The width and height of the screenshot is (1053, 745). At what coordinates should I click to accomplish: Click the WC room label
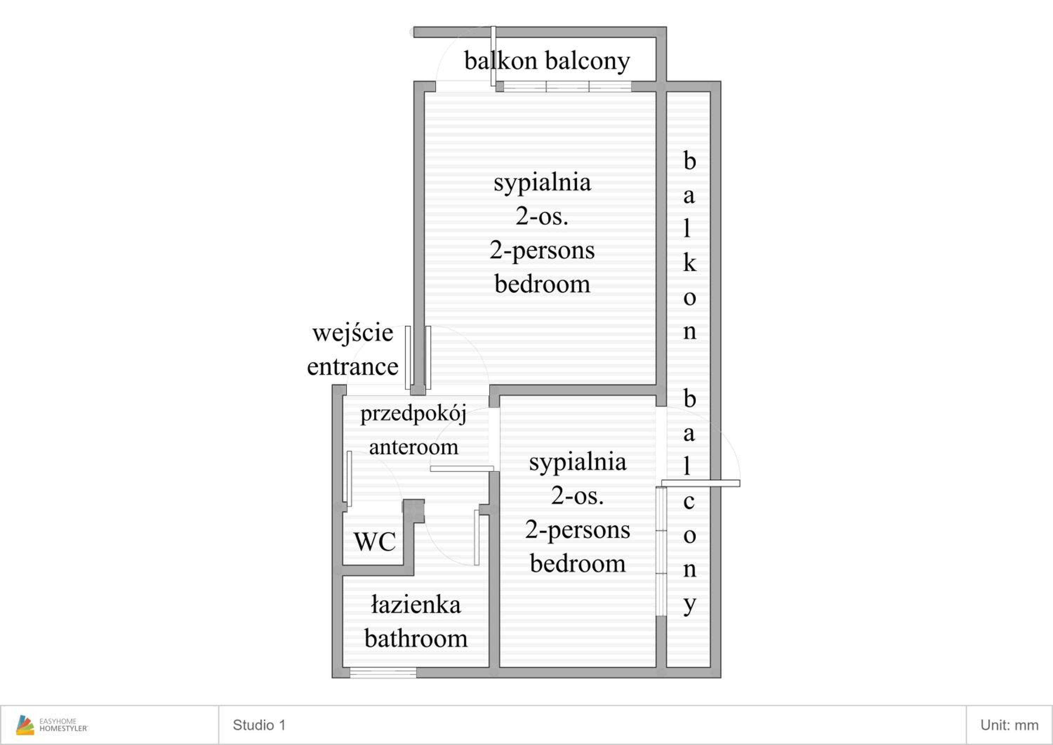[x=375, y=542]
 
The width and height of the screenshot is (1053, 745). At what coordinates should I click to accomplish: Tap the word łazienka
[x=416, y=605]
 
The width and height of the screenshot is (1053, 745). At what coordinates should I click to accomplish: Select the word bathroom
[x=416, y=639]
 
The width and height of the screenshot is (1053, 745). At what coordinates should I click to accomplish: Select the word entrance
[x=353, y=367]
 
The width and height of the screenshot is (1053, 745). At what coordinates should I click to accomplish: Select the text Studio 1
[x=259, y=725]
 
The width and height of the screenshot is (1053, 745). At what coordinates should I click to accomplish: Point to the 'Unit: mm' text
[x=1009, y=725]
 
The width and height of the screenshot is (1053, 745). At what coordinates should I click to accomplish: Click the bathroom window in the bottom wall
[x=383, y=673]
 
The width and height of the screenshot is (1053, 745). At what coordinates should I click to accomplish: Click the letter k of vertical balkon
[x=690, y=262]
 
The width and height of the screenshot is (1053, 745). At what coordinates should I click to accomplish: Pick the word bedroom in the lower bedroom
[x=578, y=563]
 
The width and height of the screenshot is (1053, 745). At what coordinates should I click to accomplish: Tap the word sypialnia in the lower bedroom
[x=578, y=462]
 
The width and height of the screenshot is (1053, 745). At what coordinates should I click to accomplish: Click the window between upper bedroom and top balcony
[x=567, y=86]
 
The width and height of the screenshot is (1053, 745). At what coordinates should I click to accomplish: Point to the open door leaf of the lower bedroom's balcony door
[x=700, y=483]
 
